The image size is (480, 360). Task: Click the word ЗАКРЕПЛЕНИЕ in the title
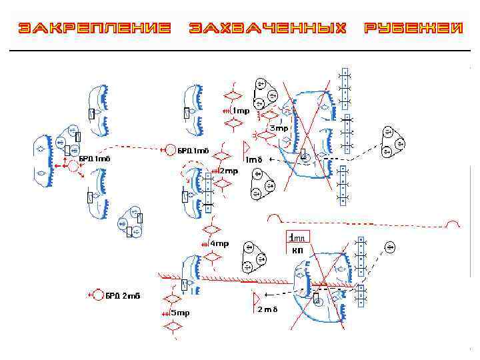coord(94,28)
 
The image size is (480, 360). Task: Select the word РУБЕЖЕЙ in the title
coord(413,28)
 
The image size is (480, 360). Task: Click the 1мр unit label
coord(240,111)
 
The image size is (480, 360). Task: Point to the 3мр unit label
coord(279,127)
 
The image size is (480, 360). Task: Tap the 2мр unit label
coord(229,171)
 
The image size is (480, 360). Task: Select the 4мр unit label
coord(219,243)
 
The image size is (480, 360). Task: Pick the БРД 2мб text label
coord(123,295)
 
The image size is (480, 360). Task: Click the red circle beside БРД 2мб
coord(97,295)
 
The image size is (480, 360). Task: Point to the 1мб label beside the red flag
coord(253,159)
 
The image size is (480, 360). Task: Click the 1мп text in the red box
coord(297,237)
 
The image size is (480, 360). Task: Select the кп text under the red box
coord(297,251)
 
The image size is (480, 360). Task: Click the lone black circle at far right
coord(391,248)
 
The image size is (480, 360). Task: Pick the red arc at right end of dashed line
coord(453,224)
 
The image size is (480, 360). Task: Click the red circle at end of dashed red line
coord(171,149)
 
